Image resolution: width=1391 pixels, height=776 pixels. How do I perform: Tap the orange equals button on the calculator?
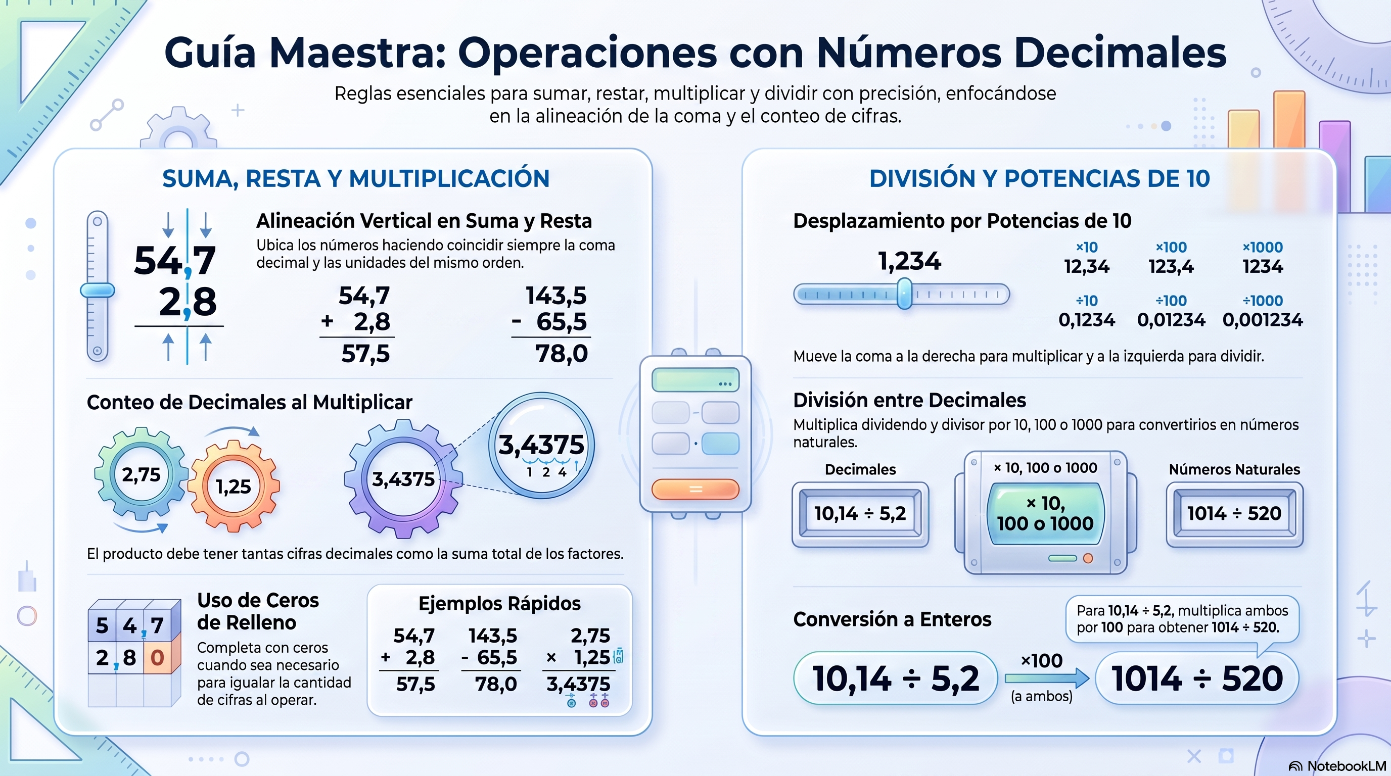click(695, 489)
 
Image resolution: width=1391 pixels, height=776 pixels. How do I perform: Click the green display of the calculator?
click(695, 379)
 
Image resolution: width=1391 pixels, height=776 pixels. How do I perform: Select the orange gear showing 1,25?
click(234, 486)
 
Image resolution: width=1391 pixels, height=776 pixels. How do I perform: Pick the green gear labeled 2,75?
click(142, 474)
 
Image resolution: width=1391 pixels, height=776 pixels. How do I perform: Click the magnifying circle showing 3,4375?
click(542, 445)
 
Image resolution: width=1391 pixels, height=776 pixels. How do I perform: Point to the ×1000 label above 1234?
click(1263, 247)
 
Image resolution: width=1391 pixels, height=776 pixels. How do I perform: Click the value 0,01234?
click(1171, 319)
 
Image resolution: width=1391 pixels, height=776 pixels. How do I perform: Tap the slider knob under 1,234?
click(904, 294)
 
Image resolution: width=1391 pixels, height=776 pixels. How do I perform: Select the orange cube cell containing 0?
click(157, 658)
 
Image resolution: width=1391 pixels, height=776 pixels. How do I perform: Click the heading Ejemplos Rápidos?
click(499, 603)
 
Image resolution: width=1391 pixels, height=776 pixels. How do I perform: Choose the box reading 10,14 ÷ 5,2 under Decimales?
click(860, 514)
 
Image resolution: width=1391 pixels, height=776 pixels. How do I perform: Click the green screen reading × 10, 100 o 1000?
click(1045, 513)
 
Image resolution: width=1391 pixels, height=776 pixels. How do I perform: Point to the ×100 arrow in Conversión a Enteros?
click(1046, 678)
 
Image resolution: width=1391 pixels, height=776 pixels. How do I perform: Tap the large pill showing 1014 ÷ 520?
click(1197, 678)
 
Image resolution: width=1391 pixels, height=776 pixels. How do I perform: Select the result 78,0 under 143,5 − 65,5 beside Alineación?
click(562, 354)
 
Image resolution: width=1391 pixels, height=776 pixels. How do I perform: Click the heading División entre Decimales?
click(909, 401)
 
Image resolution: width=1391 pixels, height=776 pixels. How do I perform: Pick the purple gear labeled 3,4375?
click(403, 478)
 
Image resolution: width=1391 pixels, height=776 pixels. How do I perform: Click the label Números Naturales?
click(1234, 469)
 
